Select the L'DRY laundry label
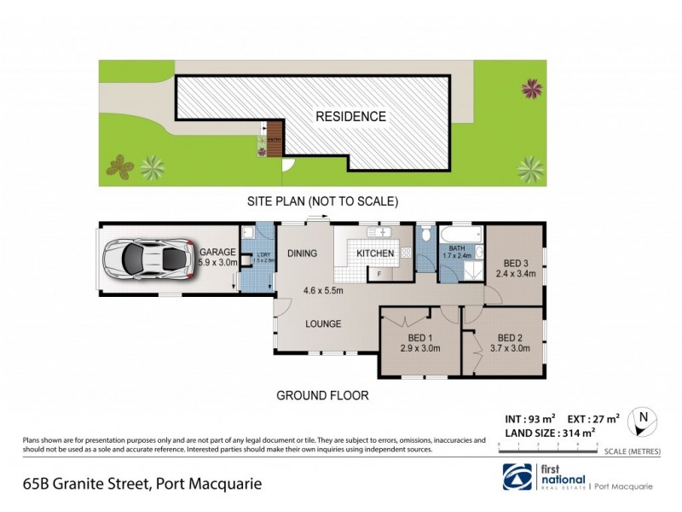pyautogui.click(x=254, y=257)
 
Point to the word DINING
pyautogui.click(x=302, y=253)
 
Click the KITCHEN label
pyautogui.click(x=375, y=253)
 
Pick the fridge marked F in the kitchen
pyautogui.click(x=380, y=273)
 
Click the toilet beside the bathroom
pyautogui.click(x=427, y=235)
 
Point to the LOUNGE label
pyautogui.click(x=324, y=323)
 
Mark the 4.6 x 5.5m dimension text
pyautogui.click(x=323, y=291)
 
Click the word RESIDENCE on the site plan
pyautogui.click(x=351, y=117)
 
